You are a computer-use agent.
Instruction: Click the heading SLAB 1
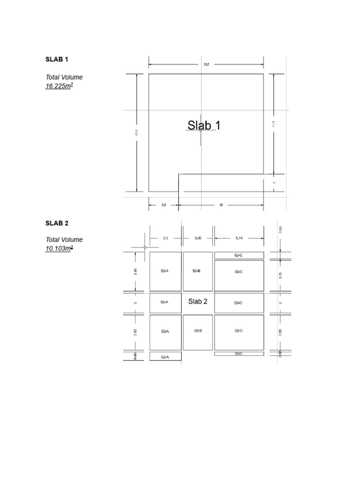(57, 60)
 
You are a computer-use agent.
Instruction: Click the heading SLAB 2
(57, 224)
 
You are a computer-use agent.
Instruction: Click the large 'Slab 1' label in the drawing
(204, 125)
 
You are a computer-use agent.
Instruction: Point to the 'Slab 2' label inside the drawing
(198, 301)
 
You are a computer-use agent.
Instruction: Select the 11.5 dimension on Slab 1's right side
(274, 124)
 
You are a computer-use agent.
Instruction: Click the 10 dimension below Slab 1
(221, 205)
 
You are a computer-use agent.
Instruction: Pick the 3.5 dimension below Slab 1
(164, 205)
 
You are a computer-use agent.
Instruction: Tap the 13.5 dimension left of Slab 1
(137, 133)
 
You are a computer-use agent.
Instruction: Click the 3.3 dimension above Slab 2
(165, 238)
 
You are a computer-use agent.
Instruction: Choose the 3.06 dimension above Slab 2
(198, 238)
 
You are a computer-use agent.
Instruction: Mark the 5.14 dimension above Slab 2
(239, 238)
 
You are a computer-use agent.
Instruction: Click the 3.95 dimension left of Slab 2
(135, 271)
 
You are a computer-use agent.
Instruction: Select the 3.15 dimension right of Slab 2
(280, 275)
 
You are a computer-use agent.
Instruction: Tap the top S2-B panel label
(197, 271)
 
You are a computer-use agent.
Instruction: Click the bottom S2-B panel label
(198, 331)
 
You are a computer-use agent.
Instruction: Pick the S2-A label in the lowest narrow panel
(165, 357)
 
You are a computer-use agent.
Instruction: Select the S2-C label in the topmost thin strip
(239, 255)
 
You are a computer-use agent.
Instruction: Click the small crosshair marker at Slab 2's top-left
(145, 247)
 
